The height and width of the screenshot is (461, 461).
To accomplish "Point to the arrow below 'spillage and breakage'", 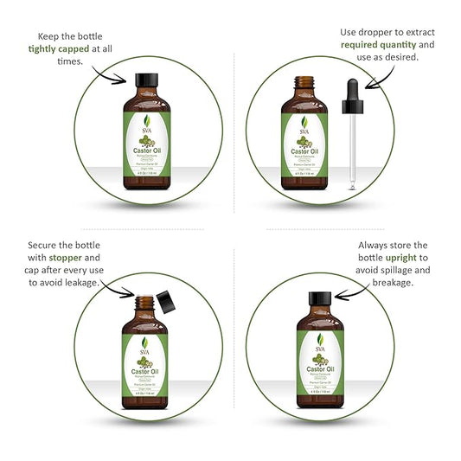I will (x=349, y=294).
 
